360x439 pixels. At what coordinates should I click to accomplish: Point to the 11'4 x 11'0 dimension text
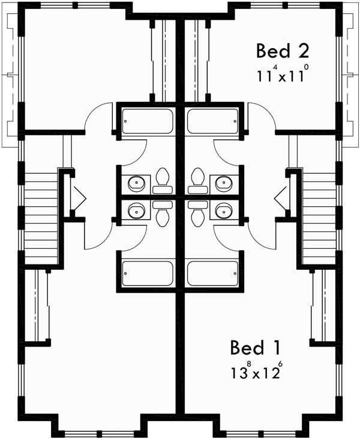[281, 76]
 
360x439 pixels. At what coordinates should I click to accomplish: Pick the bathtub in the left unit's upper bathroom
[148, 122]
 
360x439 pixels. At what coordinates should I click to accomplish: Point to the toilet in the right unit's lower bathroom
[197, 213]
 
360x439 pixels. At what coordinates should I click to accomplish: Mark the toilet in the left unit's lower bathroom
[162, 213]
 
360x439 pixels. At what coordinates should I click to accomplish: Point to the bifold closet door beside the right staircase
[281, 196]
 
